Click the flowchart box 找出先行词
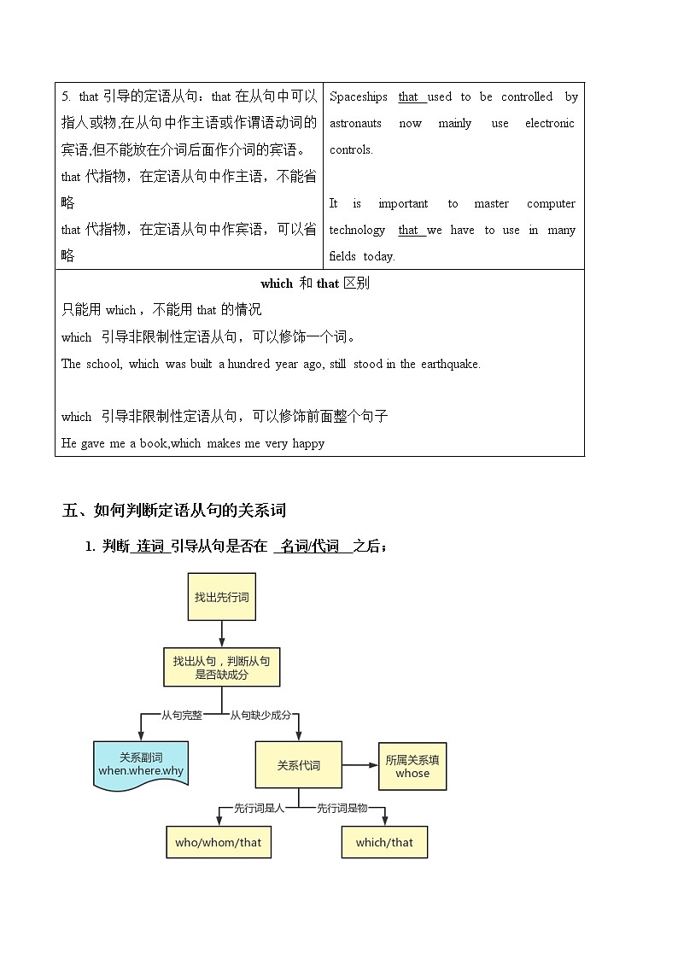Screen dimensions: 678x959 pyautogui.click(x=221, y=596)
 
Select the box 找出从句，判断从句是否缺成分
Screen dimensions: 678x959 pyautogui.click(x=221, y=666)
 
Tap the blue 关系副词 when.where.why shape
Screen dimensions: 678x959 pyautogui.click(x=140, y=763)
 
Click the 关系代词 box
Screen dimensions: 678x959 pyautogui.click(x=298, y=764)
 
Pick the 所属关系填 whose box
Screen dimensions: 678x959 pyautogui.click(x=412, y=766)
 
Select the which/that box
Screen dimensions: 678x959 pyautogui.click(x=384, y=842)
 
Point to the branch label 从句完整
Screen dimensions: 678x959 pyautogui.click(x=182, y=715)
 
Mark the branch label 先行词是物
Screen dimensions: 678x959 pyautogui.click(x=342, y=807)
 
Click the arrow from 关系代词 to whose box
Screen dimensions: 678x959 pyautogui.click(x=360, y=764)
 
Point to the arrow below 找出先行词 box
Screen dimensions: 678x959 pyautogui.click(x=222, y=634)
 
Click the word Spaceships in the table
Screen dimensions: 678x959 pyautogui.click(x=359, y=96)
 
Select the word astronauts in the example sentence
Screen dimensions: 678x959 pyautogui.click(x=355, y=123)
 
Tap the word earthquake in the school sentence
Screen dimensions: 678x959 pyautogui.click(x=451, y=364)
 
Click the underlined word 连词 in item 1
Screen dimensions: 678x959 pyautogui.click(x=150, y=547)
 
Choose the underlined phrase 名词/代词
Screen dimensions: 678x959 pyautogui.click(x=311, y=547)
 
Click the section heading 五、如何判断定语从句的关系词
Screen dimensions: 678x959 pyautogui.click(x=174, y=511)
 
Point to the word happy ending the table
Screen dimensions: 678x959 pyautogui.click(x=308, y=443)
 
